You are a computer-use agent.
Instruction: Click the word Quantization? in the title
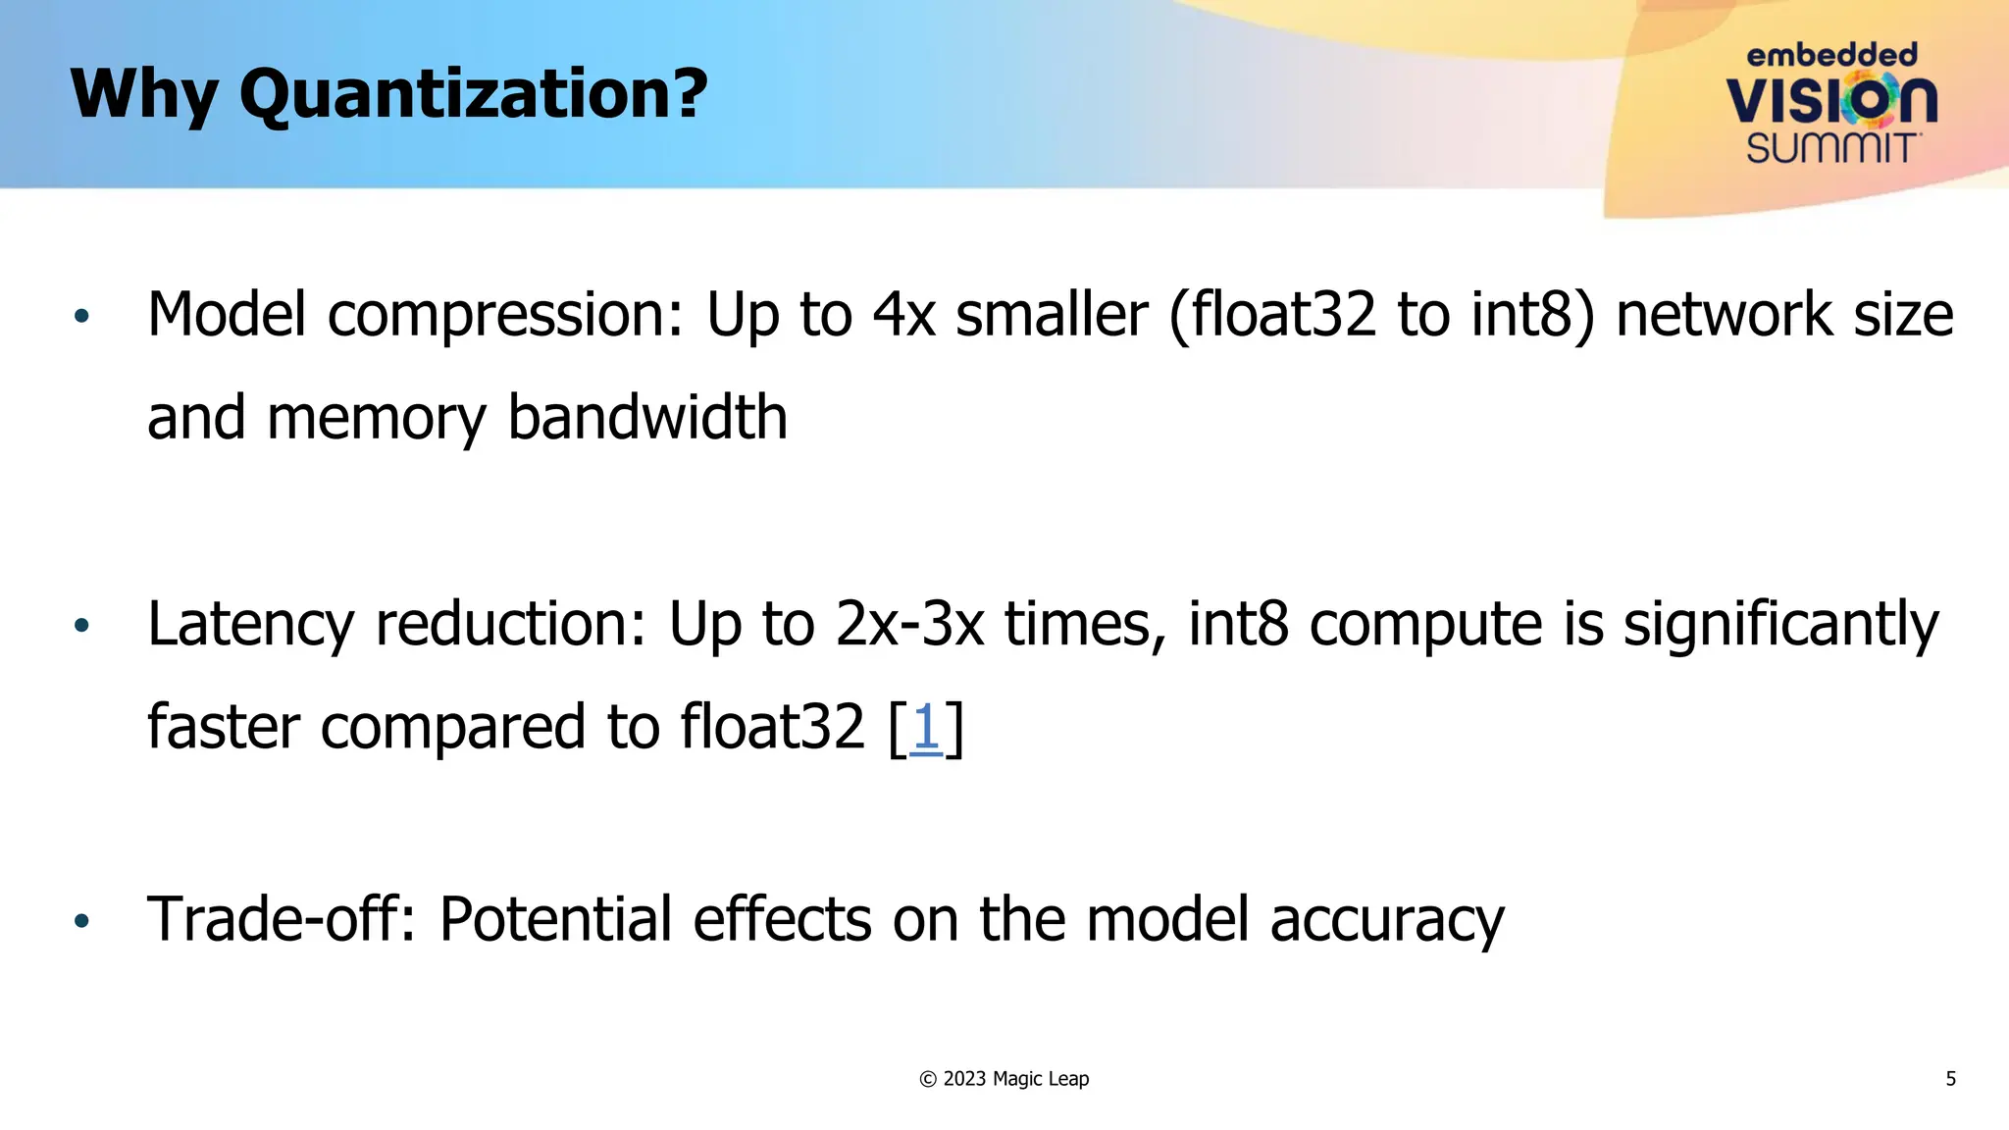pos(473,95)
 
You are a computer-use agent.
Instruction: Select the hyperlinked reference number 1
pos(926,728)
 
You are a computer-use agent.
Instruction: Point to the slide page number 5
pos(1950,1079)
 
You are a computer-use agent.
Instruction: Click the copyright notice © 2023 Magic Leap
pos(1004,1079)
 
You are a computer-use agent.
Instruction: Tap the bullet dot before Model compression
pos(81,316)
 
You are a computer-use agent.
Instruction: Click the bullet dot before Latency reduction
pos(81,625)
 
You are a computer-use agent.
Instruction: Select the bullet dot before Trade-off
pos(81,920)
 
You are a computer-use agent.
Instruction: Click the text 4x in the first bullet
pos(903,316)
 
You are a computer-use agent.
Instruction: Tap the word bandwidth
pos(647,418)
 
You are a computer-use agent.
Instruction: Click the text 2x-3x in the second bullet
pos(909,625)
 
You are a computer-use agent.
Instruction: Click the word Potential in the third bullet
pos(555,920)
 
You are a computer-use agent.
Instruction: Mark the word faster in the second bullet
pos(224,728)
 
